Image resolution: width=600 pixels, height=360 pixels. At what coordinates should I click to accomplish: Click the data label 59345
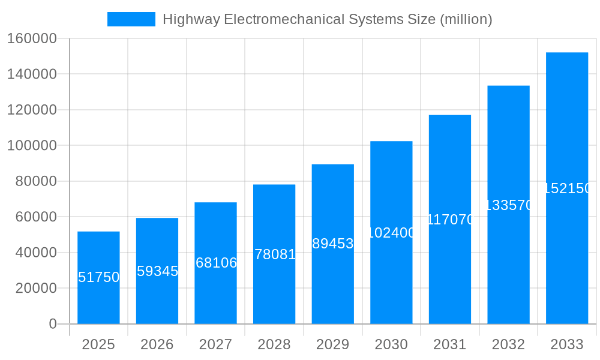click(x=157, y=271)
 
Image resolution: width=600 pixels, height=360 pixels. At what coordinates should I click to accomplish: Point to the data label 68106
click(x=216, y=263)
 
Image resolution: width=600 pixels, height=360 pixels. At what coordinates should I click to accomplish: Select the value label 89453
click(x=333, y=244)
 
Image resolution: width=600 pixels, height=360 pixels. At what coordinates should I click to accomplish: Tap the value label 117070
click(x=450, y=220)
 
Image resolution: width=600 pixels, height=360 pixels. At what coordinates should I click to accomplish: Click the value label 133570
click(x=508, y=205)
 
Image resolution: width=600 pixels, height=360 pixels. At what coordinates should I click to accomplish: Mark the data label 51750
click(x=98, y=277)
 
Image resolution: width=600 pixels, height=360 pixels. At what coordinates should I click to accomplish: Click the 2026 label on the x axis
click(x=157, y=344)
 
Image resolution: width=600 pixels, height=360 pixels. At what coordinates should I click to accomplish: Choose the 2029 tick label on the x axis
click(x=333, y=344)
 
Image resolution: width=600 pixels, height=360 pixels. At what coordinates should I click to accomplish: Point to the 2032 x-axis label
click(x=508, y=344)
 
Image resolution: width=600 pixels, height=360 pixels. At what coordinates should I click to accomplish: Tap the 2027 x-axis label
click(x=215, y=344)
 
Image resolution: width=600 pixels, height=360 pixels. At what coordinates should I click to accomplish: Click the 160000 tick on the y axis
click(x=32, y=39)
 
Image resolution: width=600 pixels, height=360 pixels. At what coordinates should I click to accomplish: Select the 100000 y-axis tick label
click(x=32, y=146)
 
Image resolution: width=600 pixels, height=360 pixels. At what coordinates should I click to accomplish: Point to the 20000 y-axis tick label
click(x=35, y=289)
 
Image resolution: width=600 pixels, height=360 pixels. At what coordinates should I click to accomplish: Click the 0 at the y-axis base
click(x=53, y=324)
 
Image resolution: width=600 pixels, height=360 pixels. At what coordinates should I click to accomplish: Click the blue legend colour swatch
click(x=131, y=19)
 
